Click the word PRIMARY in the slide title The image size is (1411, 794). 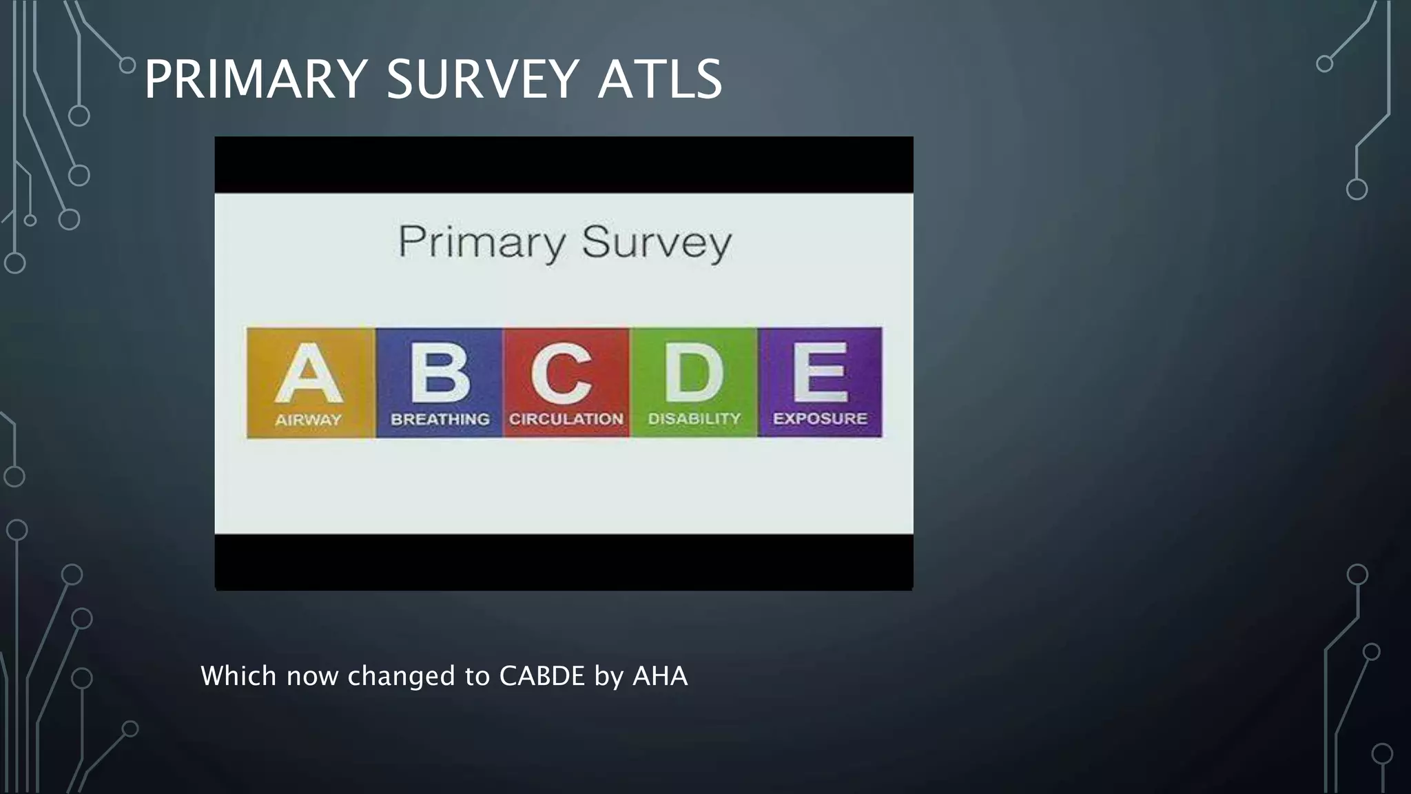pos(256,79)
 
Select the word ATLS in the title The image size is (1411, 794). pos(659,79)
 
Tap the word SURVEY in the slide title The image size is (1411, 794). pos(482,79)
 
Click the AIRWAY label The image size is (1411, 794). pos(309,420)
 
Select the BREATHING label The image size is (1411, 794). pos(440,419)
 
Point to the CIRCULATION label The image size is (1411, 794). pos(566,419)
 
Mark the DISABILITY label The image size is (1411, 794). pos(694,419)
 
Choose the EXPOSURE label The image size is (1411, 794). pos(820,418)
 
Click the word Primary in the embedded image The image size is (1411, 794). pos(482,243)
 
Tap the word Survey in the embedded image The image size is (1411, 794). pos(656,243)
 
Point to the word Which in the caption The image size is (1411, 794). pos(238,676)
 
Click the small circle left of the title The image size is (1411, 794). pos(127,65)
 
